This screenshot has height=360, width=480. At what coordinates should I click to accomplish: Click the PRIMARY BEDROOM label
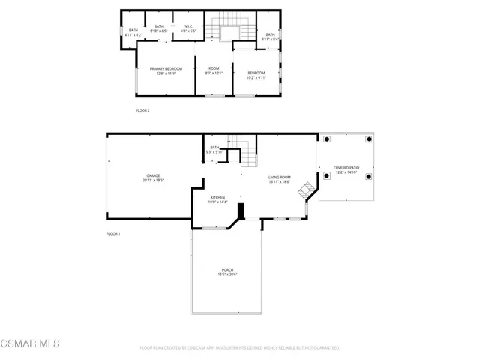pyautogui.click(x=166, y=70)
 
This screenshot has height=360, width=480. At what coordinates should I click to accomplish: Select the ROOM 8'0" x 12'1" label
pyautogui.click(x=214, y=70)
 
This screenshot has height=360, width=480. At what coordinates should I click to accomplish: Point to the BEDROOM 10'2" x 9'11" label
pyautogui.click(x=257, y=75)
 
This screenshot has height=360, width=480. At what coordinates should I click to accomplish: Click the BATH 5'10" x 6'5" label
pyautogui.click(x=159, y=29)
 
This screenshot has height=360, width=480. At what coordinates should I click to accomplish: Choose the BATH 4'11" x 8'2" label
pyautogui.click(x=133, y=32)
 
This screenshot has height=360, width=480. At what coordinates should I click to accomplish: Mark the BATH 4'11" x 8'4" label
pyautogui.click(x=270, y=37)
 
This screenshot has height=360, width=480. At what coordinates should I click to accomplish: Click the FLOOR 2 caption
pyautogui.click(x=142, y=110)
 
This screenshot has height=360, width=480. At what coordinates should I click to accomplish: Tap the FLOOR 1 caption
pyautogui.click(x=113, y=233)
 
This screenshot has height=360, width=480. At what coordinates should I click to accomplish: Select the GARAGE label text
pyautogui.click(x=153, y=178)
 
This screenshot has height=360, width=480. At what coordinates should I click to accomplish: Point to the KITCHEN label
pyautogui.click(x=217, y=199)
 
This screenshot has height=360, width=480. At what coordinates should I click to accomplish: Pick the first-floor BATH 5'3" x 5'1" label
pyautogui.click(x=215, y=150)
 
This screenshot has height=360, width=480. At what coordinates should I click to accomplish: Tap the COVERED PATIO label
pyautogui.click(x=346, y=170)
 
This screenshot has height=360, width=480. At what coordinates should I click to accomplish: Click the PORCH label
pyautogui.click(x=227, y=271)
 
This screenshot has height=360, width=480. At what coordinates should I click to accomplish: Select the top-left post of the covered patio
pyautogui.click(x=327, y=139)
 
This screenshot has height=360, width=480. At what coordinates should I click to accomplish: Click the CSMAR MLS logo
pyautogui.click(x=30, y=344)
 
